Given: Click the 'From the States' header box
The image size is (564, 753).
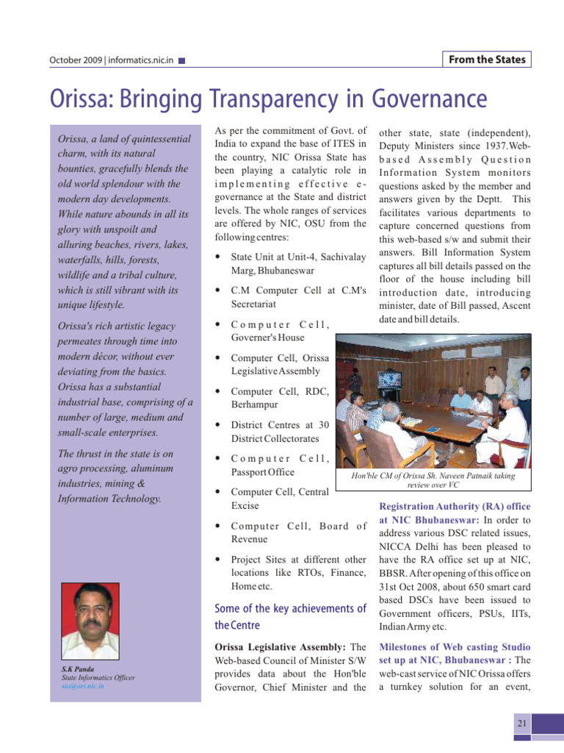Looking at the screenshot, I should coord(487,60).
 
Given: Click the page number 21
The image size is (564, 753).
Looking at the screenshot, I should coord(522,724).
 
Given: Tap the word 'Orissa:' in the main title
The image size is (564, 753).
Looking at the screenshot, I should coord(87,99).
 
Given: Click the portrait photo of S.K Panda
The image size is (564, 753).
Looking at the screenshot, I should coord(91,621).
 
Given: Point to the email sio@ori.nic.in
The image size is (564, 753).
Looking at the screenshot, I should coord(82,685).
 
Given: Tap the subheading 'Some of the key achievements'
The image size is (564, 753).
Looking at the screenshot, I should coord(289,609).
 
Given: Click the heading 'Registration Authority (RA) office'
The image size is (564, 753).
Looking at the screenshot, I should coord(455,507).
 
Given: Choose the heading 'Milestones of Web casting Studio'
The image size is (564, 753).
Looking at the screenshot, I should coord(455,646).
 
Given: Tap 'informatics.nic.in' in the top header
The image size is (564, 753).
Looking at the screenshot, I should coord(140,60).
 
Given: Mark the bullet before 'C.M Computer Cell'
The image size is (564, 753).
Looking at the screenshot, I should coord(220,291).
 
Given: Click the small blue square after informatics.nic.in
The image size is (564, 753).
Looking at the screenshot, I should coord(182,60).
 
